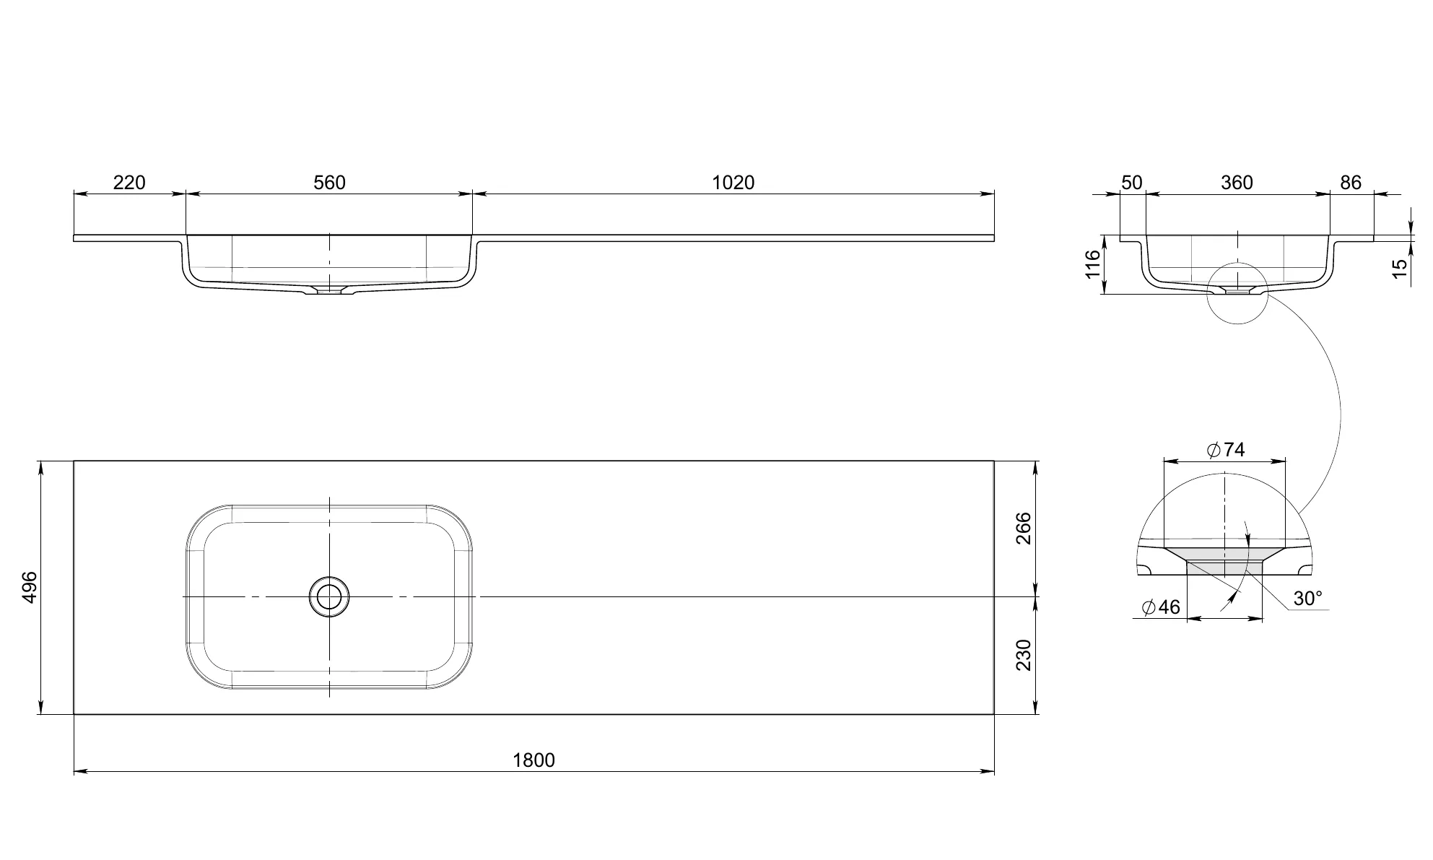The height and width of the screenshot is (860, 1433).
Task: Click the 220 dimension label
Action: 129,183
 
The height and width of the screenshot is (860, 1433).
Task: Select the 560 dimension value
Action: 329,183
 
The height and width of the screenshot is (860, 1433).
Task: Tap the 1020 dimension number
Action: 733,183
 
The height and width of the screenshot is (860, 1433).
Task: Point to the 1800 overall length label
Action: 534,760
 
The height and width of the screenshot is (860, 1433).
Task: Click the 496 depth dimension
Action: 30,588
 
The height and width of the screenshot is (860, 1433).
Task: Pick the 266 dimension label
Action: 1024,529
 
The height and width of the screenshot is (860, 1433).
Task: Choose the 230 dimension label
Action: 1024,655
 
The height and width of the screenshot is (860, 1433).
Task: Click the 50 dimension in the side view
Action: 1132,183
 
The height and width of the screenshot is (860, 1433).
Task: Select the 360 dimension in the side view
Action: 1237,183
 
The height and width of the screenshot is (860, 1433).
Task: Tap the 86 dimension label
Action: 1351,183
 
